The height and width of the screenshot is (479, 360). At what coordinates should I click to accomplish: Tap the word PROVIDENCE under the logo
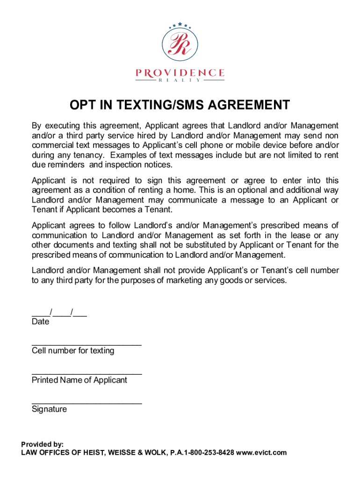click(180, 73)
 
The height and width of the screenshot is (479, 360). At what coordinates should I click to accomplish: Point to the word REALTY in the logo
click(180, 80)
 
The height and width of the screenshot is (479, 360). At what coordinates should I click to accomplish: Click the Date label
click(40, 322)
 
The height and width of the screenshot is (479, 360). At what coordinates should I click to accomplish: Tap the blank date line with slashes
click(59, 313)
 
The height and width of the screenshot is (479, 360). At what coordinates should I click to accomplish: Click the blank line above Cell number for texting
click(86, 345)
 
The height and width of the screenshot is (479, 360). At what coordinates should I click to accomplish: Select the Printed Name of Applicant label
click(79, 380)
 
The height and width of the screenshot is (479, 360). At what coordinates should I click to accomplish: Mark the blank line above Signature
click(86, 403)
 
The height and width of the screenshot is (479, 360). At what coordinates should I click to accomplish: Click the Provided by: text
click(43, 444)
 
